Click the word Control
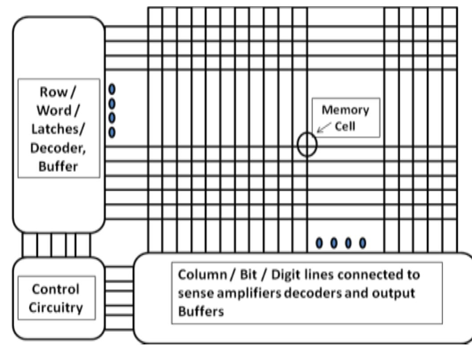[57, 289]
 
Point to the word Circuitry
[57, 307]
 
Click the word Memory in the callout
[346, 110]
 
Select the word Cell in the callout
[349, 126]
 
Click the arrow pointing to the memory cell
[324, 128]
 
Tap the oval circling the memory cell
[307, 145]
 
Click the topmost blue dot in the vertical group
[112, 89]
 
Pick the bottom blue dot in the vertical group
[112, 132]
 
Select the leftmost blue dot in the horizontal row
[319, 243]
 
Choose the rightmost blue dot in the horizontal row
[362, 243]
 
